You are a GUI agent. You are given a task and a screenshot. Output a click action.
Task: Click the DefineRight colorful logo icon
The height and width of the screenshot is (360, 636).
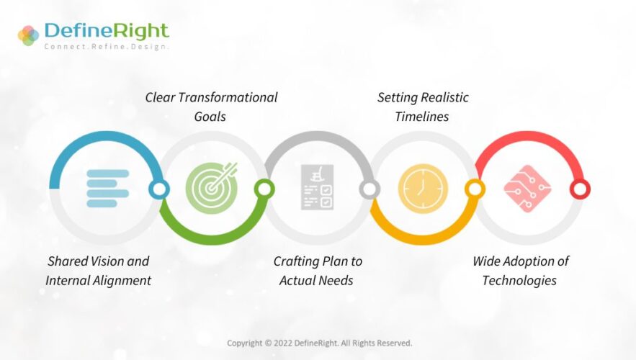[28, 35]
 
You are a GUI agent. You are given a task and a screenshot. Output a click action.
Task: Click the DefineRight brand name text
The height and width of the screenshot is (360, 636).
[106, 30]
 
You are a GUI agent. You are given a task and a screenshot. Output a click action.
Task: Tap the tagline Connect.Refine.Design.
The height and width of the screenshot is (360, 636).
[106, 47]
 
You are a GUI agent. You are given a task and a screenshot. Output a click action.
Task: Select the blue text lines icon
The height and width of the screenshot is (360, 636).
[107, 189]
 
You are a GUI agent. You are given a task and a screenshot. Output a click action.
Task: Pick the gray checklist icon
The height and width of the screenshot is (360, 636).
[317, 188]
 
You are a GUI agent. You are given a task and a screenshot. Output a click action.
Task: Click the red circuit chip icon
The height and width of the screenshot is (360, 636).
[528, 187]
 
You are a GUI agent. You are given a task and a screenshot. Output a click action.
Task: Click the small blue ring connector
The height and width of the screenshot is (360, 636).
[159, 189]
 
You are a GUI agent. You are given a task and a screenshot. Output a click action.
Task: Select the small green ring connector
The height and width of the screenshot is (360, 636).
[264, 189]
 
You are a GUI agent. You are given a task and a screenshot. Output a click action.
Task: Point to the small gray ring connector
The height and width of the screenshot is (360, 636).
[369, 189]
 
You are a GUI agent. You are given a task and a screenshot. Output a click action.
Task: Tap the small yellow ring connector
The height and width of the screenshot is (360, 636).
[475, 189]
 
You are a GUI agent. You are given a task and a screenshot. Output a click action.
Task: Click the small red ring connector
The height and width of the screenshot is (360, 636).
[580, 189]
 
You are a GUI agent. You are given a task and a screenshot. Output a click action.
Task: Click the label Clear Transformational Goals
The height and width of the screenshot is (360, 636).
[211, 107]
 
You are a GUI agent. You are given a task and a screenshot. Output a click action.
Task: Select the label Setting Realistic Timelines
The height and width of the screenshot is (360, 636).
[423, 107]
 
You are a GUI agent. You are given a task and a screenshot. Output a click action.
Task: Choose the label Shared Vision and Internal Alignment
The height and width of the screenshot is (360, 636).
[99, 271]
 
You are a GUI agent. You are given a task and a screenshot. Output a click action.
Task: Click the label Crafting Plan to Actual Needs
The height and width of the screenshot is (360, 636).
[317, 271]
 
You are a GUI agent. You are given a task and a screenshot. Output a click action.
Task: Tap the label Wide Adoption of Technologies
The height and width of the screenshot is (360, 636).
[520, 271]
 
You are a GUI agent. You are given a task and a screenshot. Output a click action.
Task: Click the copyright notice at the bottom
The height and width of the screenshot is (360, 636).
[319, 343]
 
